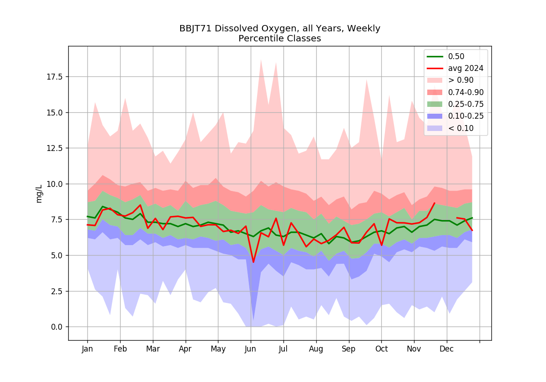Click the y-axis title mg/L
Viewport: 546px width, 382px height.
(x=39, y=194)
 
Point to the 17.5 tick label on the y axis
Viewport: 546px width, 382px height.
(x=55, y=77)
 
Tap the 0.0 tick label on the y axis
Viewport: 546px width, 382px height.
(x=57, y=327)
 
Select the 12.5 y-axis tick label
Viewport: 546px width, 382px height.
(x=55, y=148)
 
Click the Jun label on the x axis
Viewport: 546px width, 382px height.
(x=251, y=349)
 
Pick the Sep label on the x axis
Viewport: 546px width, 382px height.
(x=349, y=349)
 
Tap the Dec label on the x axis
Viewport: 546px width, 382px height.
(x=446, y=349)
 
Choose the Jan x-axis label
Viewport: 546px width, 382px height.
(x=87, y=349)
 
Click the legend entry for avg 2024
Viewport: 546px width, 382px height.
(x=455, y=69)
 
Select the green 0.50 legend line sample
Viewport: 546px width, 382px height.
(x=435, y=56)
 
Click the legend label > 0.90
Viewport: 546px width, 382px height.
(x=461, y=80)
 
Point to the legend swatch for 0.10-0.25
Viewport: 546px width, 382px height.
(x=435, y=116)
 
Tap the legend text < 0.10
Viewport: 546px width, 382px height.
(x=461, y=128)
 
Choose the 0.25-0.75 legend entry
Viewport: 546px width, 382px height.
(x=455, y=104)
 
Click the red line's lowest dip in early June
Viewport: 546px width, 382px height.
(x=253, y=262)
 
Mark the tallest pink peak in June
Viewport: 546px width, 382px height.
(x=261, y=60)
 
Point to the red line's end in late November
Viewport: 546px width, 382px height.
(x=435, y=203)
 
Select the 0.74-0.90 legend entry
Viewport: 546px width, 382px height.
(x=455, y=92)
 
